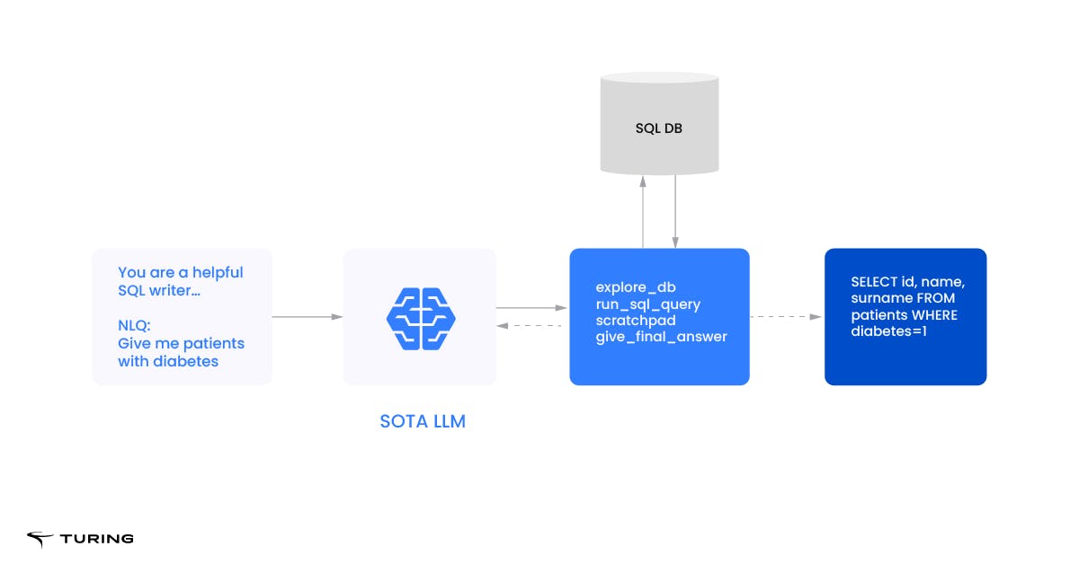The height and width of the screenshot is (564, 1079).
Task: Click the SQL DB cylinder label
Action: (x=658, y=128)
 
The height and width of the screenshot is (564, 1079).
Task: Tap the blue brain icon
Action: (x=421, y=317)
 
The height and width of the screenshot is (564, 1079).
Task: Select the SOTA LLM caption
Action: (x=423, y=420)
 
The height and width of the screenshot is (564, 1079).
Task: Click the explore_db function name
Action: (x=635, y=287)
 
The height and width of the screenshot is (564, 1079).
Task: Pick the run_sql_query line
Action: (x=647, y=304)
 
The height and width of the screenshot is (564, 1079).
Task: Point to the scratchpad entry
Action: (x=636, y=321)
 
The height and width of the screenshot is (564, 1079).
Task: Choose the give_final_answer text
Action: (x=661, y=337)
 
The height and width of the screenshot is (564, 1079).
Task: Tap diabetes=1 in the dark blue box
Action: (x=891, y=331)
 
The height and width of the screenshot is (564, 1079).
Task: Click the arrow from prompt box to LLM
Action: (x=307, y=316)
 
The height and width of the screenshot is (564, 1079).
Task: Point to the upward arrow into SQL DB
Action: (x=643, y=211)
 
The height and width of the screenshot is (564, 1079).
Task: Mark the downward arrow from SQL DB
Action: (x=675, y=211)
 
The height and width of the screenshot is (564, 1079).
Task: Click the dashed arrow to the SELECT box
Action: (x=786, y=316)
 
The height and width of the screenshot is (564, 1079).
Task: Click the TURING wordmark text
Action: (x=96, y=539)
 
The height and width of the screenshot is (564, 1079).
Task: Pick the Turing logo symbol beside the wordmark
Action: (x=40, y=539)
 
